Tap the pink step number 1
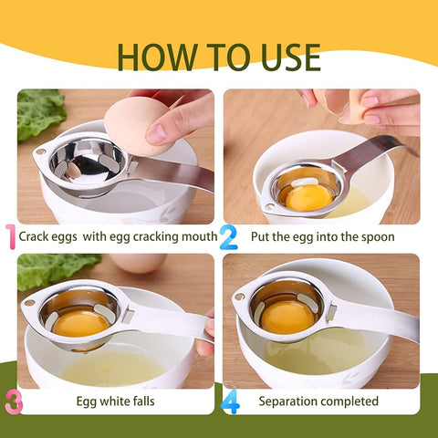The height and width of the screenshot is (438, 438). pos(10,237)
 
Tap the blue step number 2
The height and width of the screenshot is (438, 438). pos(228,237)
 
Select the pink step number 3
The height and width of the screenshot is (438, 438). pos(12,401)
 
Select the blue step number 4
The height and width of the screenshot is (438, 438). pos(231,401)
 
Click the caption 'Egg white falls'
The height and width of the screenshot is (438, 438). pos(115,401)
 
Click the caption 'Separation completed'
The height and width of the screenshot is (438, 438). pos(318,401)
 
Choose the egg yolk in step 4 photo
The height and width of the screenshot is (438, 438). pos(288,317)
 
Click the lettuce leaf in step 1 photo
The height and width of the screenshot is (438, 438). pos(39,111)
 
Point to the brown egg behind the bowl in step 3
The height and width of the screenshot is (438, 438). pos(139,264)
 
